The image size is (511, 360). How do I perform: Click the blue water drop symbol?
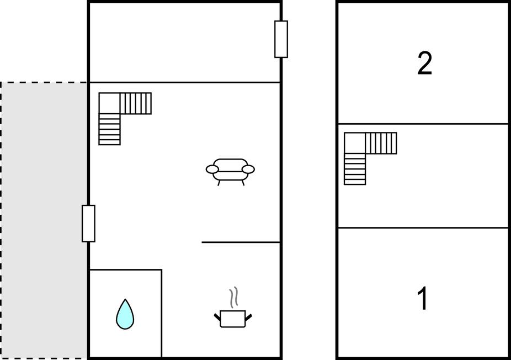tap(125, 315)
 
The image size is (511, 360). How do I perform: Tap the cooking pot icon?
tap(233, 319)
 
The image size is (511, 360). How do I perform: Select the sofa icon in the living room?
tap(230, 172)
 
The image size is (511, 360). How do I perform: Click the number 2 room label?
tap(425, 63)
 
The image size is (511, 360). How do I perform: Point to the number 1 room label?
tap(423, 298)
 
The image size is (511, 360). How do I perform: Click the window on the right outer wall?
tap(281, 39)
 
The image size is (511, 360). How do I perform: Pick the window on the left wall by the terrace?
tap(88, 224)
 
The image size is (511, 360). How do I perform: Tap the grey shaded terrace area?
tap(44, 220)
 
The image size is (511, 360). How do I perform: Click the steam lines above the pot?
tap(233, 298)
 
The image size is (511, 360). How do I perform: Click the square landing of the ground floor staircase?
tap(109, 103)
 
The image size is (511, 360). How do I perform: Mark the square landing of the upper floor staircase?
tap(355, 143)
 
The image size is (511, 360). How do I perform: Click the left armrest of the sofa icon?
tap(212, 170)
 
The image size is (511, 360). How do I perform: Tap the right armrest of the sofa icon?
tap(248, 170)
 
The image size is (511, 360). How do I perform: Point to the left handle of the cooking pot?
tap(217, 316)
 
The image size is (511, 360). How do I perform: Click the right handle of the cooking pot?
tap(248, 316)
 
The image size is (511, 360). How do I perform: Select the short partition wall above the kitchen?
tap(241, 242)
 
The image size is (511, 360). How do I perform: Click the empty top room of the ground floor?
tap(184, 43)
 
